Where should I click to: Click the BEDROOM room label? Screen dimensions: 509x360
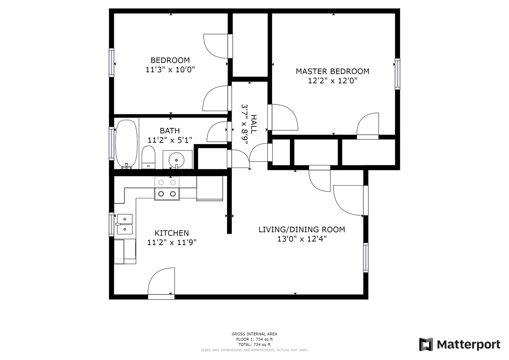pos(170,60)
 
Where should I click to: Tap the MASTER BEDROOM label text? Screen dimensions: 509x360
pos(332,71)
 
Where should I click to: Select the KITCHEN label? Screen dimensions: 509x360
pos(172,233)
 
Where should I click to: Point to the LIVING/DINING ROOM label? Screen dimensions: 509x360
pos(302,230)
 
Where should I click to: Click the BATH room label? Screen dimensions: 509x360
pos(170,131)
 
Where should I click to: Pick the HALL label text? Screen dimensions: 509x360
pos(254,124)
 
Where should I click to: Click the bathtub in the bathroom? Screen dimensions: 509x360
pos(126,144)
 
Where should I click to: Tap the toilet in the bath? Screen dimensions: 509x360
pos(148,157)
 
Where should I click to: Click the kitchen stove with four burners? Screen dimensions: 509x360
pos(167,188)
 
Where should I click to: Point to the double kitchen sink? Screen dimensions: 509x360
pos(125,224)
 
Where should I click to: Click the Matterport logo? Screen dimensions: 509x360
pos(459,344)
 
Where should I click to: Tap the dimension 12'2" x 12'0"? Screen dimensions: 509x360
pos(332,81)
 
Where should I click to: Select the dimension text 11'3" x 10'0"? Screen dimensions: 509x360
pos(170,70)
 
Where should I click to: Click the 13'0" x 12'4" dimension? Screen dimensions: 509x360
pos(302,239)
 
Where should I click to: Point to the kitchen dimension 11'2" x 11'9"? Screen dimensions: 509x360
pos(172,243)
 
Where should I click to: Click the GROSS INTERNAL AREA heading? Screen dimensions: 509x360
pos(254,334)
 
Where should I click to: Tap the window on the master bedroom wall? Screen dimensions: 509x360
pos(397,74)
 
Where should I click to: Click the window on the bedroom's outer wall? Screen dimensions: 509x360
pos(111,63)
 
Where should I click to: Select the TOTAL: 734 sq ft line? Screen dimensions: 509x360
pos(254,345)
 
